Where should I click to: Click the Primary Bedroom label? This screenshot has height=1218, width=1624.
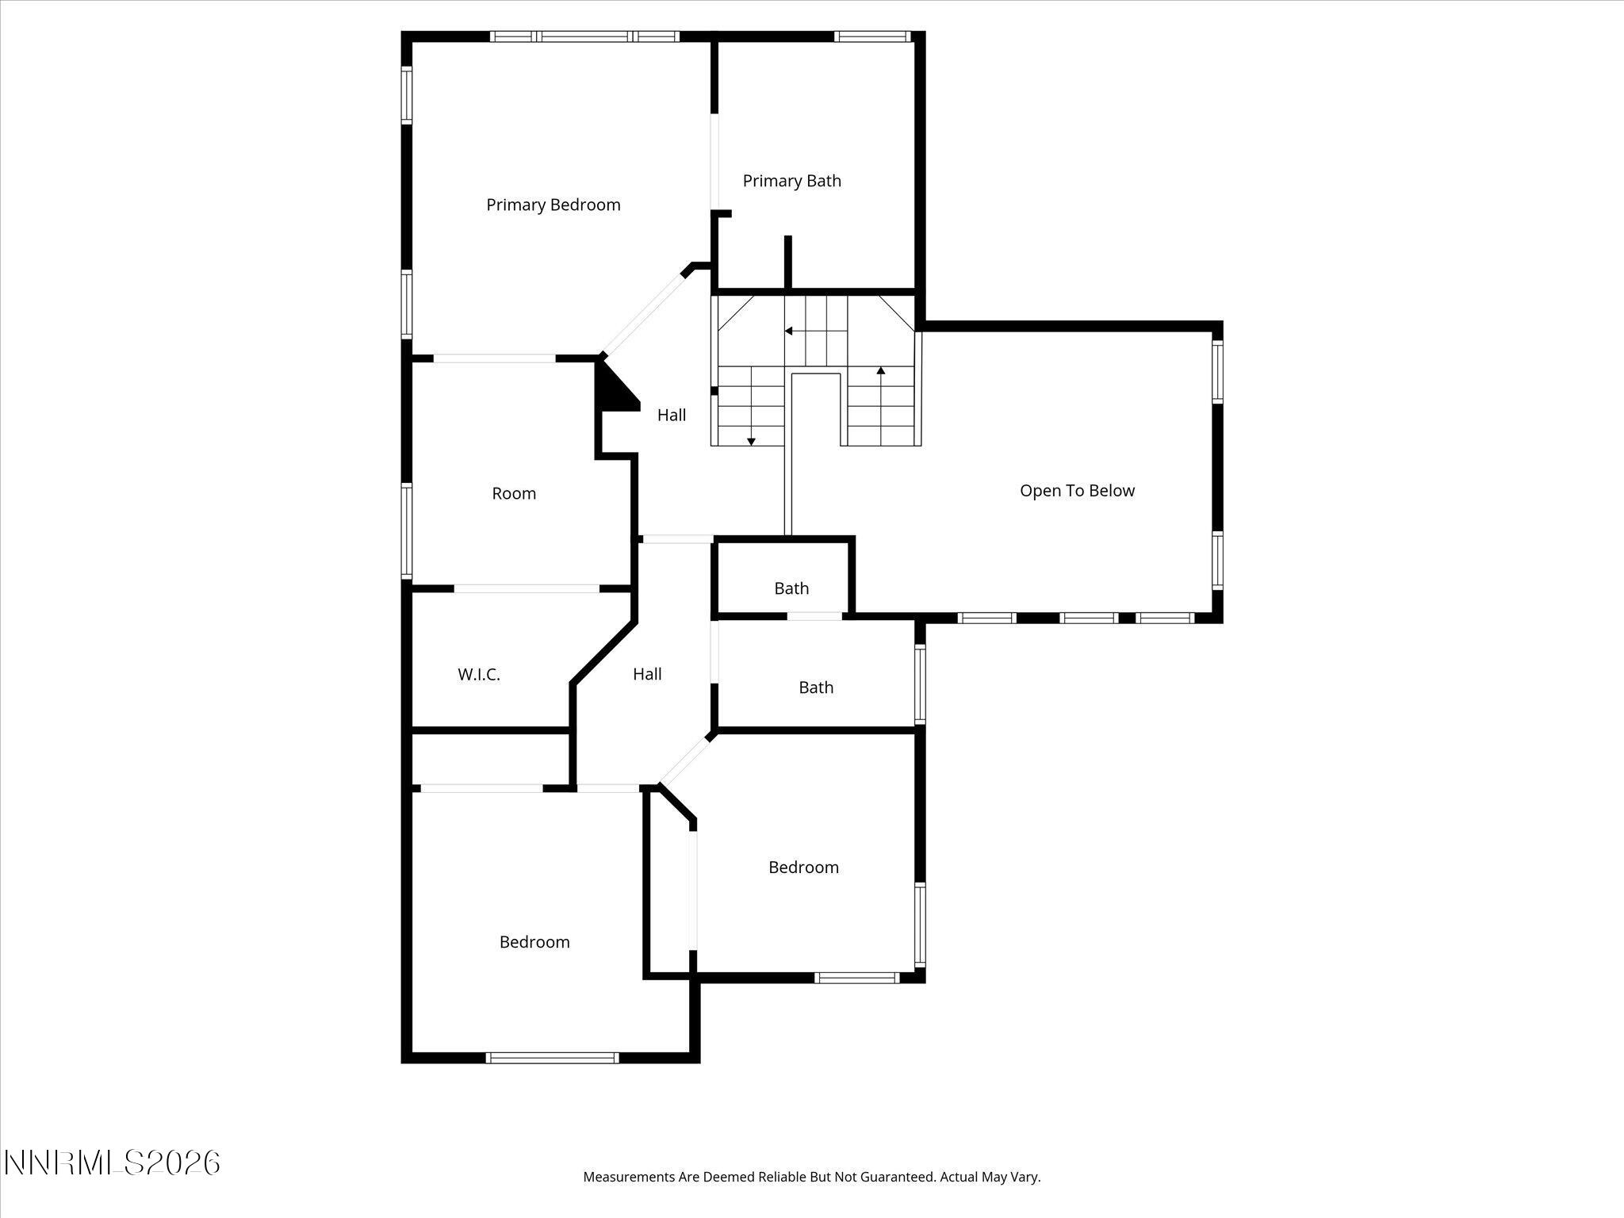(553, 205)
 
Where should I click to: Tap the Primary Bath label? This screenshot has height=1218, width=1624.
(791, 181)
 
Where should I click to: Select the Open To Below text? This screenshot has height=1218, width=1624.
(1077, 491)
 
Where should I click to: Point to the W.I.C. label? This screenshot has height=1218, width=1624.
(479, 675)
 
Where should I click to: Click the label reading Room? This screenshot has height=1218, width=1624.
(514, 493)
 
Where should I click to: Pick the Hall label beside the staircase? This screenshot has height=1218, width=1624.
(672, 415)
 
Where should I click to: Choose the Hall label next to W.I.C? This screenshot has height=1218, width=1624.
(647, 674)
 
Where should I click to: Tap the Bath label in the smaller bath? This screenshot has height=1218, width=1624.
(791, 588)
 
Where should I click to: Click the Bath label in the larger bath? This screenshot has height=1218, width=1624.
(816, 688)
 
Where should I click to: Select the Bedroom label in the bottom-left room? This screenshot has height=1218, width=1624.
(534, 942)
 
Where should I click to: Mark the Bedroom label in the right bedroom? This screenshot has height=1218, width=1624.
(803, 868)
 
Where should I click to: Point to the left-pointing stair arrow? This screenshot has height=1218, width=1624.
(789, 331)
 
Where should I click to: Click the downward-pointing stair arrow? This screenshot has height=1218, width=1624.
(751, 441)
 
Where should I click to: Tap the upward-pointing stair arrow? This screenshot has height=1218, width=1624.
(881, 370)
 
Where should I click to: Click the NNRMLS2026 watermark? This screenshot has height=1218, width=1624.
(112, 1162)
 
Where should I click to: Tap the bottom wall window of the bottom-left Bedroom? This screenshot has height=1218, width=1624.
(552, 1057)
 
